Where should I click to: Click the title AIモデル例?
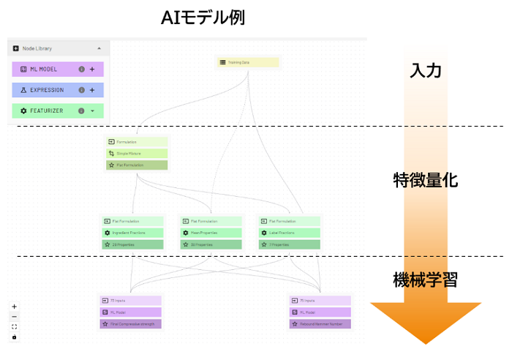[203, 18]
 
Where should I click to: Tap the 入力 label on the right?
[425, 70]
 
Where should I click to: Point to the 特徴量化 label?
[425, 180]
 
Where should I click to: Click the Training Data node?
[248, 63]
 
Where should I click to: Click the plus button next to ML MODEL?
[93, 70]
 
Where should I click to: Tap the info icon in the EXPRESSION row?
[81, 91]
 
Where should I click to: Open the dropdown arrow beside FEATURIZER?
[93, 111]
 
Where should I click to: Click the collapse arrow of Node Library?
[99, 48]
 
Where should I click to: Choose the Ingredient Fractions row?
[132, 233]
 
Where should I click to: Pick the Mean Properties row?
[211, 233]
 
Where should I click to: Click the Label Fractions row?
[290, 233]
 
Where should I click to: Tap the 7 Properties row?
[290, 244]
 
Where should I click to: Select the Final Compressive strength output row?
[129, 324]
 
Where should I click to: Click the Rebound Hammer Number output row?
[320, 324]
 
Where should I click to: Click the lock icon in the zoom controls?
[14, 337]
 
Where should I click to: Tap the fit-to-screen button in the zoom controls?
[14, 327]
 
